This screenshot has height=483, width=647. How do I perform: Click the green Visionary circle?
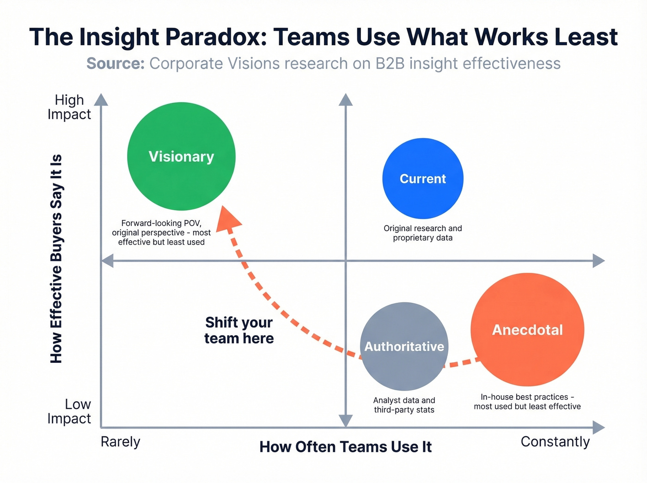click(181, 156)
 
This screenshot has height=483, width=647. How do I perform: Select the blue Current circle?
click(422, 178)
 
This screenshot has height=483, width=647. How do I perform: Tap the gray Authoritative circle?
click(404, 347)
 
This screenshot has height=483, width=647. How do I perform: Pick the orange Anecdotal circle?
click(527, 330)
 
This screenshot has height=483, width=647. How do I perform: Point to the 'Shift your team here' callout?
click(239, 330)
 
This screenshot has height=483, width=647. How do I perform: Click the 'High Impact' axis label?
click(69, 107)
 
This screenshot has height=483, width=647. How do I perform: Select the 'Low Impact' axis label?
click(69, 411)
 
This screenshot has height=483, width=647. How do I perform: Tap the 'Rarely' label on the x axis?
click(120, 442)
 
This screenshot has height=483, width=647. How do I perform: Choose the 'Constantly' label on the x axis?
click(555, 442)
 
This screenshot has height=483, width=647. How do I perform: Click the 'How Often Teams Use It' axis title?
click(345, 447)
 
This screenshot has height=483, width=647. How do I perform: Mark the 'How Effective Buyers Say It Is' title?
click(56, 259)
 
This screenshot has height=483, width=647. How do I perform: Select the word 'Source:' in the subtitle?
click(116, 63)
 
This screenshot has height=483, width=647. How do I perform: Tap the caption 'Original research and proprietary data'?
click(422, 233)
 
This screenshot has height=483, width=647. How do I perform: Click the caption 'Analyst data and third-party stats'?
click(404, 405)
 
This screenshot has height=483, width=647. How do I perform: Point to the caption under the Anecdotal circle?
click(527, 402)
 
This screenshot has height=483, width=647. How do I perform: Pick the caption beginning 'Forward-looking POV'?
click(161, 232)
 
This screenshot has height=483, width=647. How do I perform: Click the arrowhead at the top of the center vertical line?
click(345, 99)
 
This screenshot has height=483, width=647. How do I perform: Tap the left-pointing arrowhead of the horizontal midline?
click(107, 261)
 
